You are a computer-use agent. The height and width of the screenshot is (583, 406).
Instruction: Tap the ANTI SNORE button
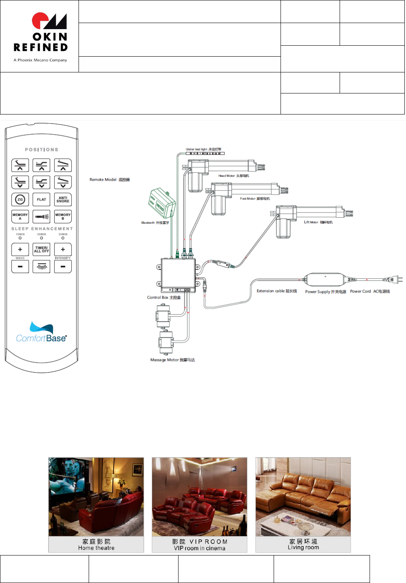(x=63, y=199)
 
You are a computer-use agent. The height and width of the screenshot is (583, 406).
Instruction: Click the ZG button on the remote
(x=20, y=199)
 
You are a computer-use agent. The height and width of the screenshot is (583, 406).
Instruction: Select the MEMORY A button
(x=20, y=216)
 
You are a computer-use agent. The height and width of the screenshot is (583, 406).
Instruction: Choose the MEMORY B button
(x=63, y=216)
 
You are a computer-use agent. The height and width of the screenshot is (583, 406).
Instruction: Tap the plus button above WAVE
(x=20, y=249)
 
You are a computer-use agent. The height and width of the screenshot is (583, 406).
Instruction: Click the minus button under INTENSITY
(x=63, y=267)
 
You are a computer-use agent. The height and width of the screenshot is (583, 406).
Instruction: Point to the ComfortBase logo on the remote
(x=41, y=333)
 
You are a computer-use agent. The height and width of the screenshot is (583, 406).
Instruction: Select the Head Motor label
(x=234, y=176)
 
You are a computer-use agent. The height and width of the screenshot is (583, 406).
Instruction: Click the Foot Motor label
(x=255, y=199)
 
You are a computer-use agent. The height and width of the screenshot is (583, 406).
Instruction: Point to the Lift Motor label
(x=318, y=222)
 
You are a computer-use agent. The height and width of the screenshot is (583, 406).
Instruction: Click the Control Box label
(x=164, y=297)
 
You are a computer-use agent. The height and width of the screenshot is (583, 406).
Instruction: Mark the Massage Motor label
(x=172, y=360)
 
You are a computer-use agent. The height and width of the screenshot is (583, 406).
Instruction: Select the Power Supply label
(x=325, y=292)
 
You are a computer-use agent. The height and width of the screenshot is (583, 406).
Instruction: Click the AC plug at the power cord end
(x=395, y=279)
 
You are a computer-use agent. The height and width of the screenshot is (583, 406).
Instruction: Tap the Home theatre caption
(x=96, y=548)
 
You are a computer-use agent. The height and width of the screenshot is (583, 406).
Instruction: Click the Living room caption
(x=303, y=547)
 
